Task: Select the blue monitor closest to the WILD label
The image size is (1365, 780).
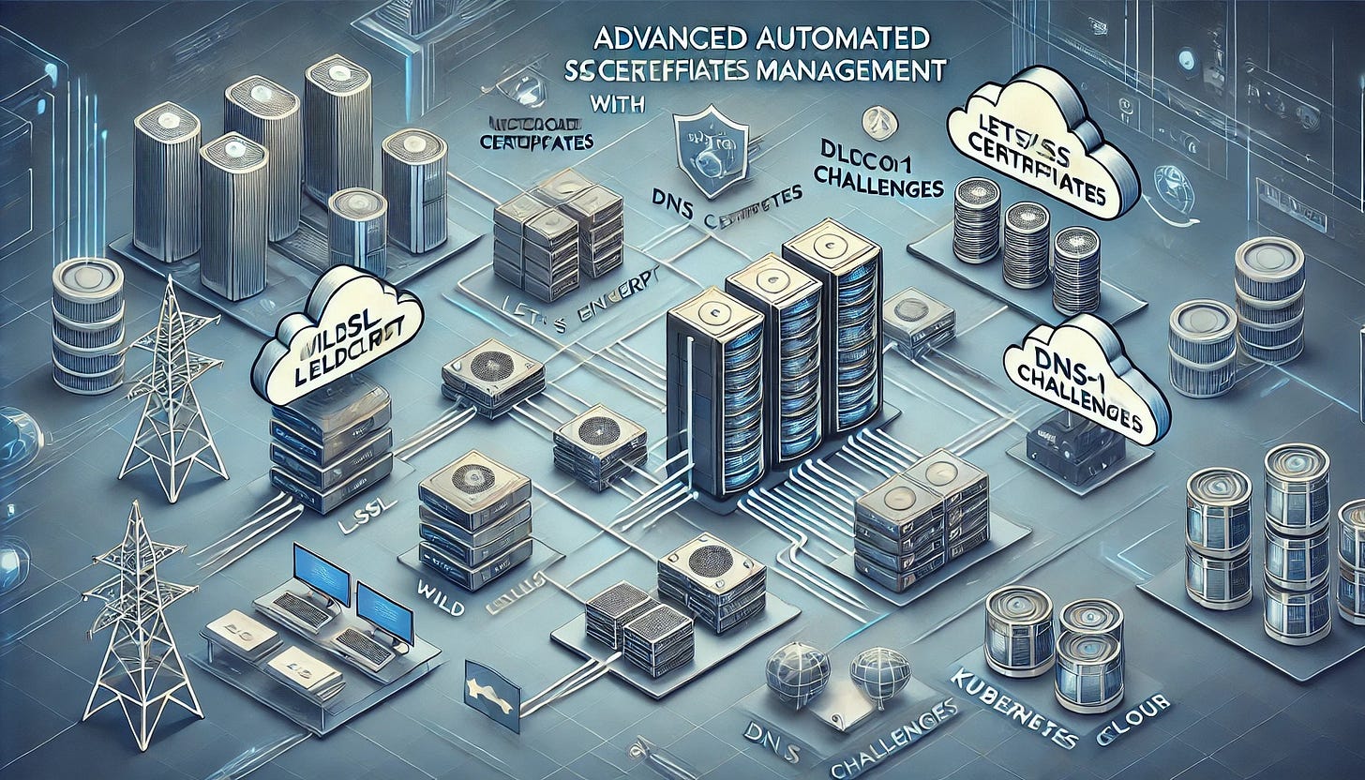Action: (x=386, y=609)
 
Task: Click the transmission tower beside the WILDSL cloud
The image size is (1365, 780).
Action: (x=172, y=394)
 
